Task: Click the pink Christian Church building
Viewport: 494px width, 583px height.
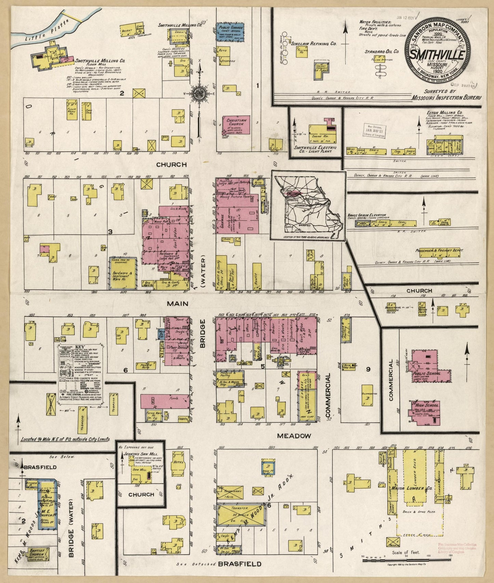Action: point(236,124)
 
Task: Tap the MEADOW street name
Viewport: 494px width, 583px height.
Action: point(294,436)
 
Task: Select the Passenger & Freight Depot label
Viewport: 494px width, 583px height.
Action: point(439,251)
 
